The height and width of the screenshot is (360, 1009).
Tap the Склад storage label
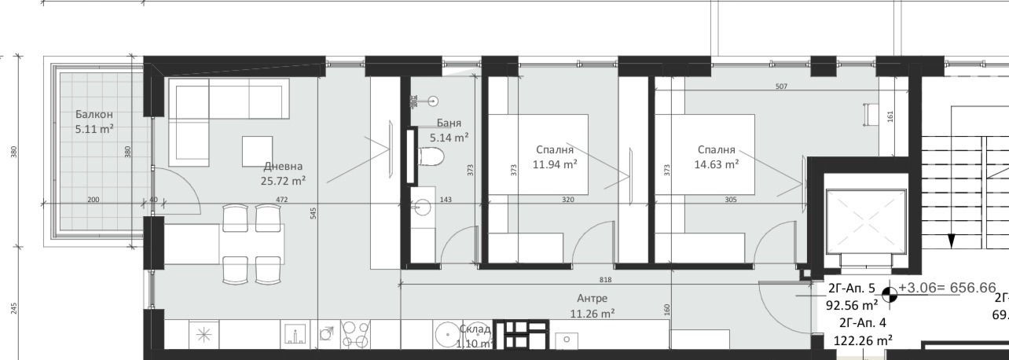[475, 329]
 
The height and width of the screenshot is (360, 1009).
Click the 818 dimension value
[605, 280]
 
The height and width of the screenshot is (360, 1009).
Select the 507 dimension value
[780, 86]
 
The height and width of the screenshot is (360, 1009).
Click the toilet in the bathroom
[431, 157]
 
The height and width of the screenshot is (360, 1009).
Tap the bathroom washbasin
[422, 208]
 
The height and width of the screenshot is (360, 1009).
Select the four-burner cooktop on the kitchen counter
[354, 336]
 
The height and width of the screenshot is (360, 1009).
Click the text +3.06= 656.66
[947, 288]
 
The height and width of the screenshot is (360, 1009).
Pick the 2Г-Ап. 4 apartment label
[862, 322]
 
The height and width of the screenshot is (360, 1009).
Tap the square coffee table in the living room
[257, 151]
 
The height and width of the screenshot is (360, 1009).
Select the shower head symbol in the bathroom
[432, 101]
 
